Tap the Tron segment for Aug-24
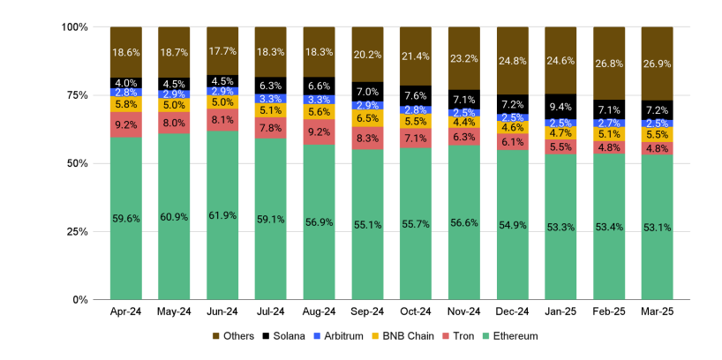pos(320,131)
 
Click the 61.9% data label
pos(223,215)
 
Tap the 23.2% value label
pos(464,58)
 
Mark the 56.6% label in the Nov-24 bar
pos(464,222)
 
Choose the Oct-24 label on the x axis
pos(417,312)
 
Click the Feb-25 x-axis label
pos(609,312)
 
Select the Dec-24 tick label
pos(513,312)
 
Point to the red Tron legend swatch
pos(448,336)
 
